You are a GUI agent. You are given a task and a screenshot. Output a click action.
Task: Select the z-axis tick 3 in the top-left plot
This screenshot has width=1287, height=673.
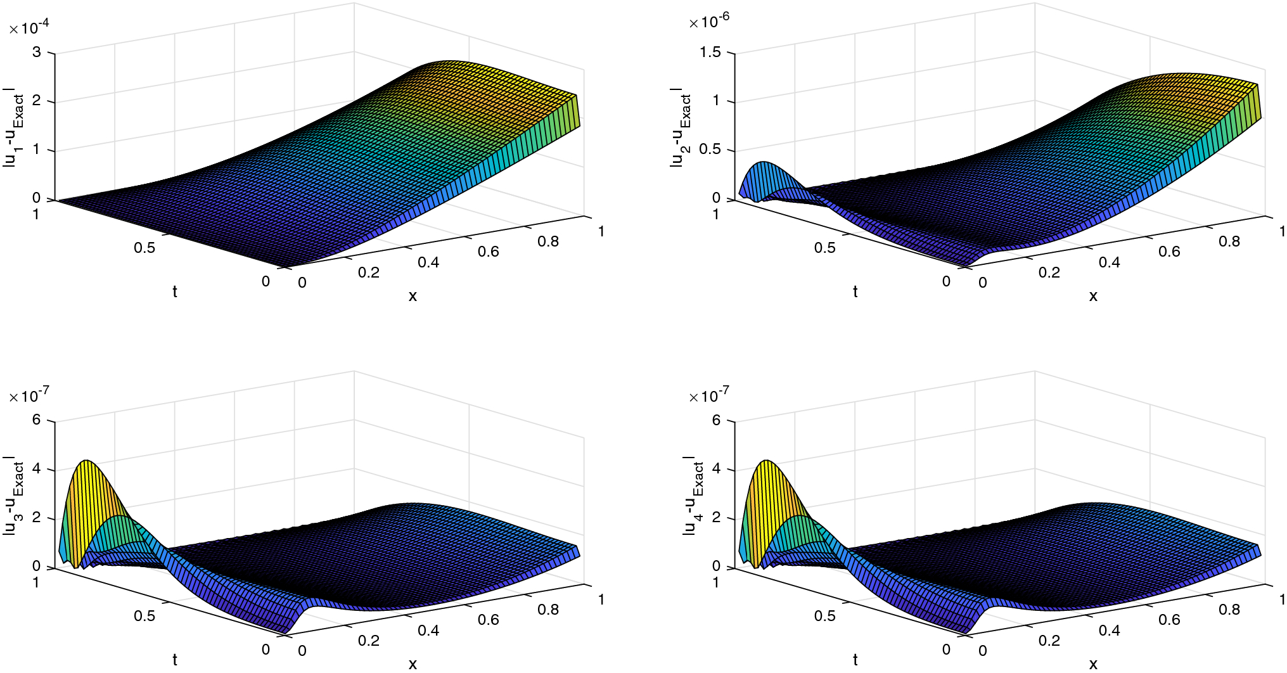pos(37,52)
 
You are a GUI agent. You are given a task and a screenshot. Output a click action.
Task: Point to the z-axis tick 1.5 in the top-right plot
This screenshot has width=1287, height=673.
pos(710,52)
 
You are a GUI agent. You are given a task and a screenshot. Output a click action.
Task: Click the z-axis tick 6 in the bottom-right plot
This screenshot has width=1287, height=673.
pos(716,420)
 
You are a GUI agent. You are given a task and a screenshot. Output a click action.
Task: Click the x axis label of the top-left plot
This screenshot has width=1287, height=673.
pos(413,296)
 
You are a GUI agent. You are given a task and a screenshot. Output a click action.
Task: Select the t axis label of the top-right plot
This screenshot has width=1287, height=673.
pos(855,292)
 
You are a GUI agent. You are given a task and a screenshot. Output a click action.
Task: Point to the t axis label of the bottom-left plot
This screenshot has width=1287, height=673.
pos(175,660)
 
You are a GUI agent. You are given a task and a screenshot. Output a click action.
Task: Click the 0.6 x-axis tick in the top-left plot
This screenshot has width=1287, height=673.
pos(488,252)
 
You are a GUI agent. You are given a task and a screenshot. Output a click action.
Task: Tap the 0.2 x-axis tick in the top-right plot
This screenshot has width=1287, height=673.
pos(1049,272)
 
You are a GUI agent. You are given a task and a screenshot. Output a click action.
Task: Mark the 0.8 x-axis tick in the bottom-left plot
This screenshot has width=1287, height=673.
pos(548,609)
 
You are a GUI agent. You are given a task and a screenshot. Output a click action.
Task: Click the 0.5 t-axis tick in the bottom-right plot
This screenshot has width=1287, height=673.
pos(824,615)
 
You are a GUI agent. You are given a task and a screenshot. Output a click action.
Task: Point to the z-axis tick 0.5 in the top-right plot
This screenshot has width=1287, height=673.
pos(710,150)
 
